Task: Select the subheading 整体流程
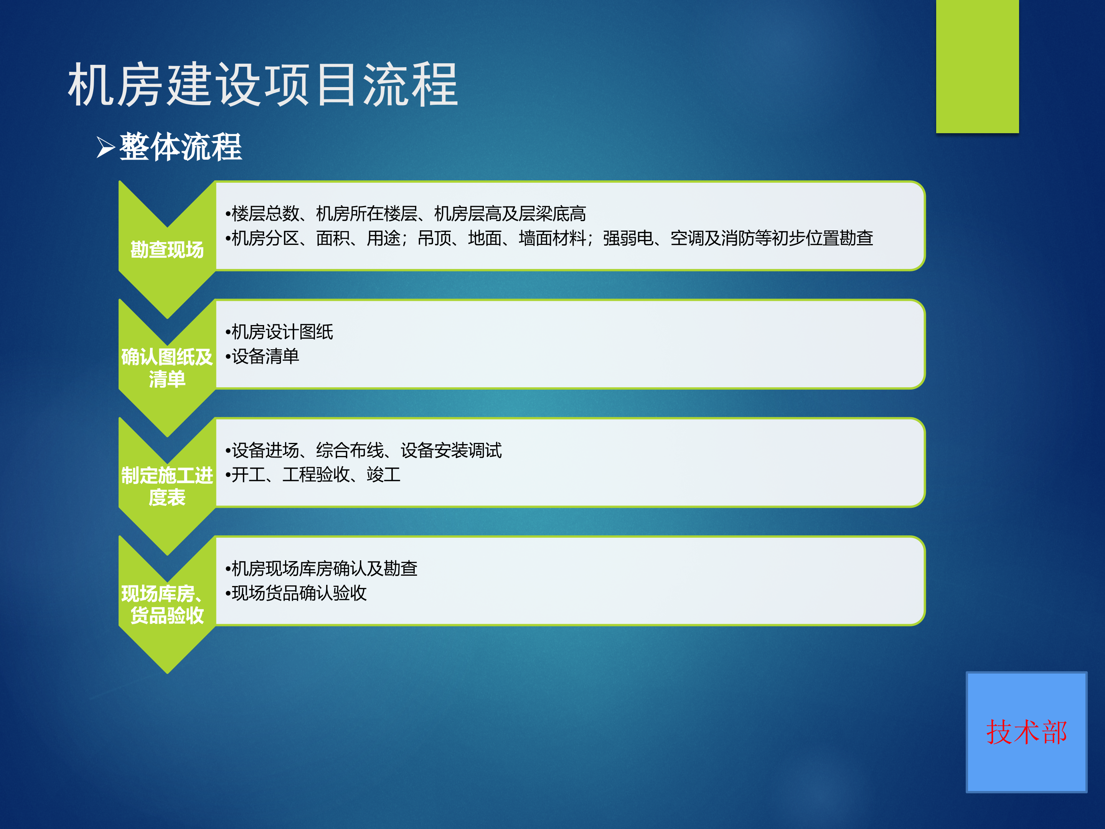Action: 180,147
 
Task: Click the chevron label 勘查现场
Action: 167,249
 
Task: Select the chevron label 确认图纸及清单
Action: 167,367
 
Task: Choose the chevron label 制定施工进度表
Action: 167,486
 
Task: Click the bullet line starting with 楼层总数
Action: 406,214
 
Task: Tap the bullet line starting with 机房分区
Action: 549,238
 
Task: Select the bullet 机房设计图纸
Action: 280,332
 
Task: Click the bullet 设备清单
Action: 263,356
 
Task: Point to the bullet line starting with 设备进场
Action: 364,450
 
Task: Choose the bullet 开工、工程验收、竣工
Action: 313,475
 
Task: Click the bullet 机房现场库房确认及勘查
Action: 322,569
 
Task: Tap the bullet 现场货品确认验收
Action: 297,593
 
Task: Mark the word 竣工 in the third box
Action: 384,475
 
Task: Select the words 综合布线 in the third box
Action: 350,450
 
